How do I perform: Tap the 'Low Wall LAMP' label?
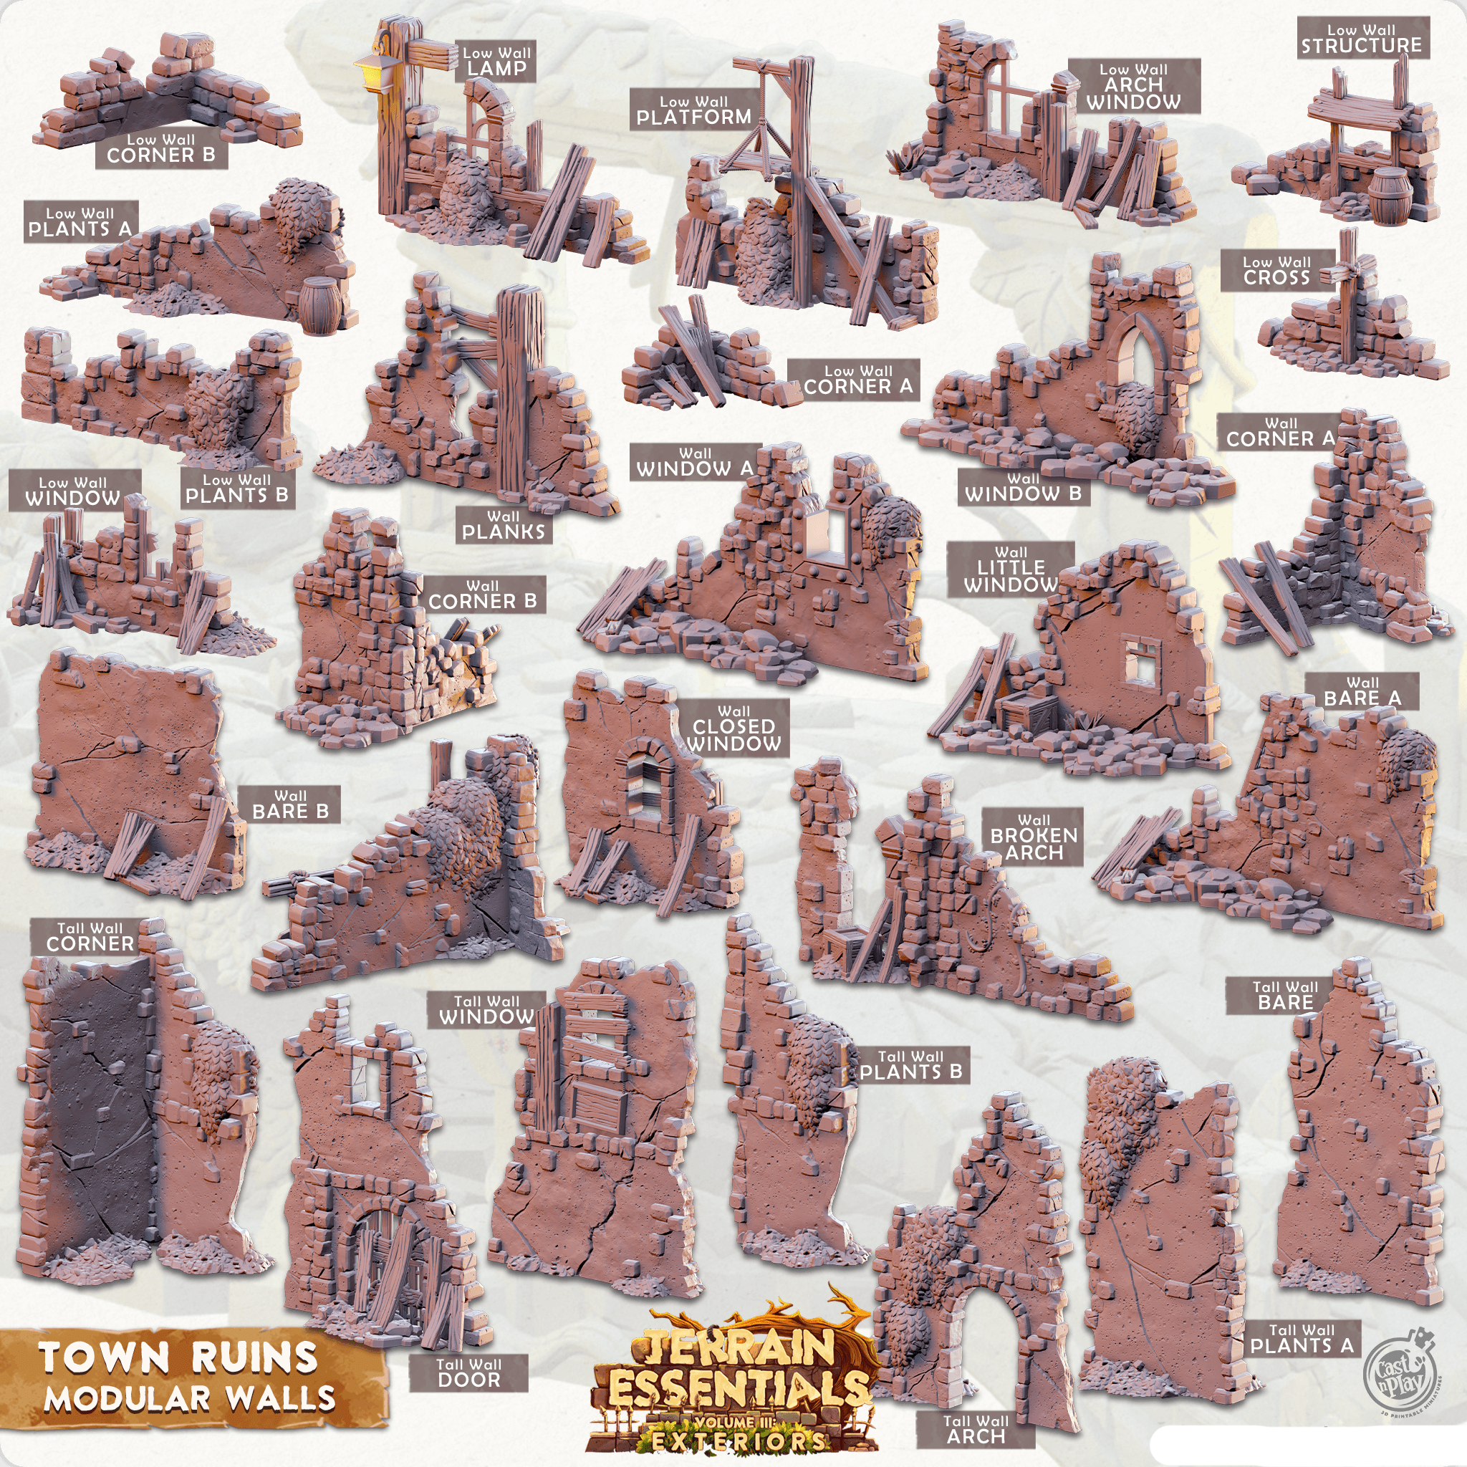pos(496,61)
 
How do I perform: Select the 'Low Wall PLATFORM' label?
pos(693,110)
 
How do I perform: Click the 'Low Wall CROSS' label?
pos(1276,270)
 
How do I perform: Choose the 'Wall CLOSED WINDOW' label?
pos(733,728)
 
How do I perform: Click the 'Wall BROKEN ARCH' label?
pos(1034,836)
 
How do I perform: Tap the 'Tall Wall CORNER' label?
pos(90,936)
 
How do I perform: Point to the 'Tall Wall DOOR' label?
pos(468,1372)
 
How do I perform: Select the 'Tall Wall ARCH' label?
pos(976,1429)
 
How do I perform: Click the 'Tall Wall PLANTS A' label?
pos(1302,1339)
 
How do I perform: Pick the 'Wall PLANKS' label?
pos(504,524)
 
